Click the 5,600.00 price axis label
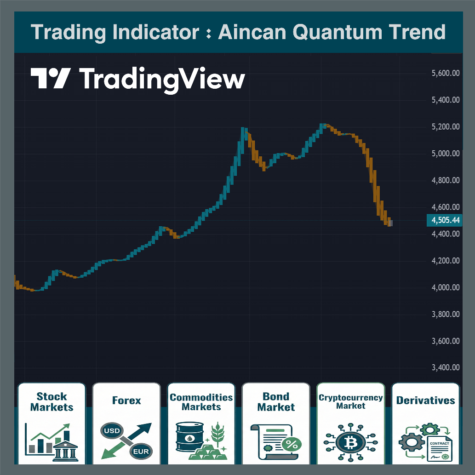pos(446,73)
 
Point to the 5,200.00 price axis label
pos(446,127)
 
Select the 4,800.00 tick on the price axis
pos(446,180)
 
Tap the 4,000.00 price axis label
pos(446,288)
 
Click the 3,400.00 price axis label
pos(446,368)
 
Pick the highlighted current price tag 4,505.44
pos(444,220)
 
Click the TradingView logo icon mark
pos(51,78)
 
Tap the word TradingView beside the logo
pos(162,79)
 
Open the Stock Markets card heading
pos(52,401)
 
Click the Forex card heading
pos(126,401)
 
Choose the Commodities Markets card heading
pos(201,401)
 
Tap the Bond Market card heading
pos(276,401)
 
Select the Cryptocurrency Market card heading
pos(351,401)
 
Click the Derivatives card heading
pos(425,401)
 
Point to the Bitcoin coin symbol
pos(350,442)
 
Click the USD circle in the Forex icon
pos(112,432)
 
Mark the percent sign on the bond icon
pos(291,444)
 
